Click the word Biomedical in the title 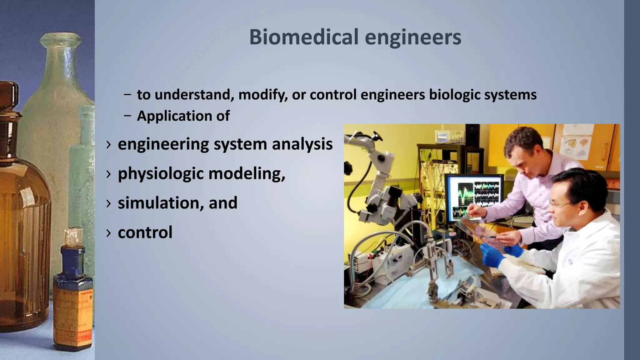[303, 37]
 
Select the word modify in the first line [262, 95]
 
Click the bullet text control [145, 232]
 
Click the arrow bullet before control [108, 233]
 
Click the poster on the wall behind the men [577, 144]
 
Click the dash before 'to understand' [127, 95]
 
